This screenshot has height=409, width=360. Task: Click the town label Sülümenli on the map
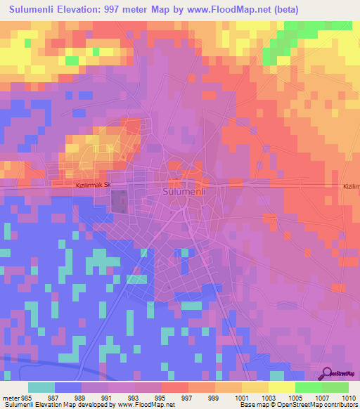point(182,191)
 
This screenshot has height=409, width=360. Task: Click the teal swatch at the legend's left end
point(41,387)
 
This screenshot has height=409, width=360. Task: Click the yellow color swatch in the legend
point(281,387)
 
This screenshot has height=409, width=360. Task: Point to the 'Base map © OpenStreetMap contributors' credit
point(297,405)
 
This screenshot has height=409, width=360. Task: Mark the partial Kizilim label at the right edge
point(349,186)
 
